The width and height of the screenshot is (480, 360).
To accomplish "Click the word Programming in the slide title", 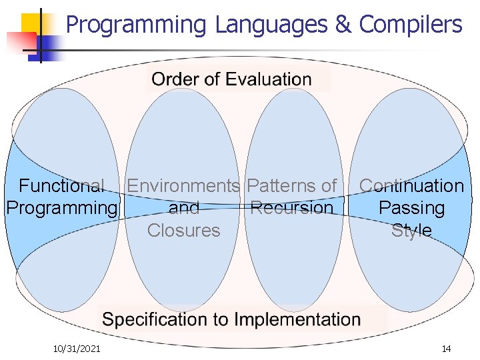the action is (x=137, y=25).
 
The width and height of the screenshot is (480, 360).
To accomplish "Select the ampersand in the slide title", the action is (x=343, y=25).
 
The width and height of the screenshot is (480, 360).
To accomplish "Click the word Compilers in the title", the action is (x=410, y=25).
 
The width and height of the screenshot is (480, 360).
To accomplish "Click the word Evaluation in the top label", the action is (x=268, y=80).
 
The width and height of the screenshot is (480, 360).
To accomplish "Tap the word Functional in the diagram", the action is (x=61, y=186).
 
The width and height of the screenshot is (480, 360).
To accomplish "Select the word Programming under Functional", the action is (x=61, y=208).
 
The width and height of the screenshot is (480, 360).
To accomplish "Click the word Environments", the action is (x=183, y=186).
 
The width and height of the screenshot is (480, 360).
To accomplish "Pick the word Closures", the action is (x=183, y=231).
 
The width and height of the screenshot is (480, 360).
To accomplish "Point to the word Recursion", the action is (x=291, y=208).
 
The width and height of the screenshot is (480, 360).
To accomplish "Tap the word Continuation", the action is (x=411, y=186).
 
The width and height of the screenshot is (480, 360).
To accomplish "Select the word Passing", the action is (x=411, y=208).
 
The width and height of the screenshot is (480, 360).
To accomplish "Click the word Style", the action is (x=411, y=231).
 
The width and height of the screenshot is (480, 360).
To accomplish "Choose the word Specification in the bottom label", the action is (x=155, y=319).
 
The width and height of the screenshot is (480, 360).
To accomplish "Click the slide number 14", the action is (x=446, y=349).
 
